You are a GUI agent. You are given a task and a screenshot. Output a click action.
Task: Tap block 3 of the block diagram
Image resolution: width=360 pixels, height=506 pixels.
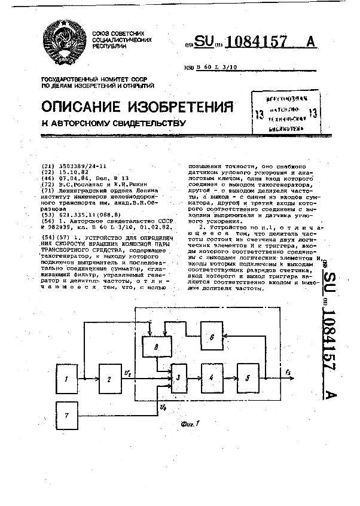coord(178,378)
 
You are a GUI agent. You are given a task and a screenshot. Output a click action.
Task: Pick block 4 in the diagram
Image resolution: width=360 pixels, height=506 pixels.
coord(210,379)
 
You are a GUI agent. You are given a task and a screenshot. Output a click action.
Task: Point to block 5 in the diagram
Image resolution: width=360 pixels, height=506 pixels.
coord(248,379)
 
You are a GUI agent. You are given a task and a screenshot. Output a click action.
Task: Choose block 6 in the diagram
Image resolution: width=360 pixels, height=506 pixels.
coord(212,337)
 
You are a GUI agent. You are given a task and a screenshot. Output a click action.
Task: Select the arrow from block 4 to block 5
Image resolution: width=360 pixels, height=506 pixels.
coord(230,379)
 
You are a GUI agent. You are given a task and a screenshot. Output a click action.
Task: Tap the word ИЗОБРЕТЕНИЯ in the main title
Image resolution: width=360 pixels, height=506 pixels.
coord(181,107)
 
